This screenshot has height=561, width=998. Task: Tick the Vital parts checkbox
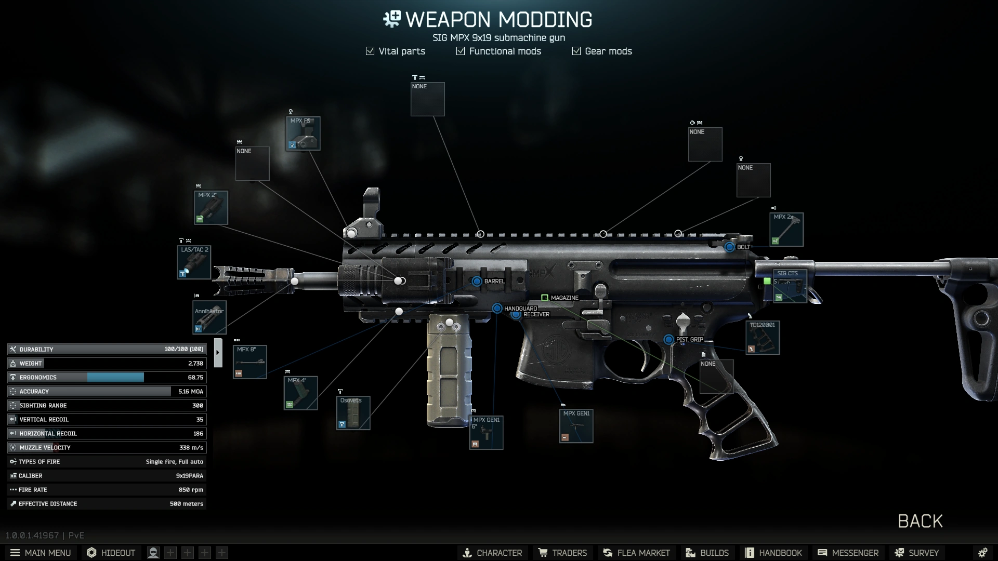[x=370, y=51]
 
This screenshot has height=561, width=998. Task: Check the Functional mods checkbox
[x=461, y=51]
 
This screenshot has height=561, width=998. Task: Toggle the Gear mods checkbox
[x=576, y=51]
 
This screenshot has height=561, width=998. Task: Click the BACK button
[x=920, y=521]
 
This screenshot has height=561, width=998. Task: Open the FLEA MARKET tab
[x=636, y=553]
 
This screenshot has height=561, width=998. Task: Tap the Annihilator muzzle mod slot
[x=209, y=317]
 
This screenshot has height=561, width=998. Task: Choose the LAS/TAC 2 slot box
[x=194, y=262]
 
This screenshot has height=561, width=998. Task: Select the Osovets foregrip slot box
[x=353, y=413]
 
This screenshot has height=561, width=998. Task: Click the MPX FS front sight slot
[x=303, y=133]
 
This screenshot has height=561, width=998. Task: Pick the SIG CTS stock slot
[x=790, y=286]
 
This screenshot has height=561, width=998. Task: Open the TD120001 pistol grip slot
[x=763, y=338]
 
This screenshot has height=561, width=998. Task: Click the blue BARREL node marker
[x=477, y=281]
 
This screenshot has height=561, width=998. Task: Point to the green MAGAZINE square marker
[x=545, y=298]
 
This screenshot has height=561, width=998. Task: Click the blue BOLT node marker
[x=730, y=247]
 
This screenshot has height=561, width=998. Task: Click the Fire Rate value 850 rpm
[x=191, y=490]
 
